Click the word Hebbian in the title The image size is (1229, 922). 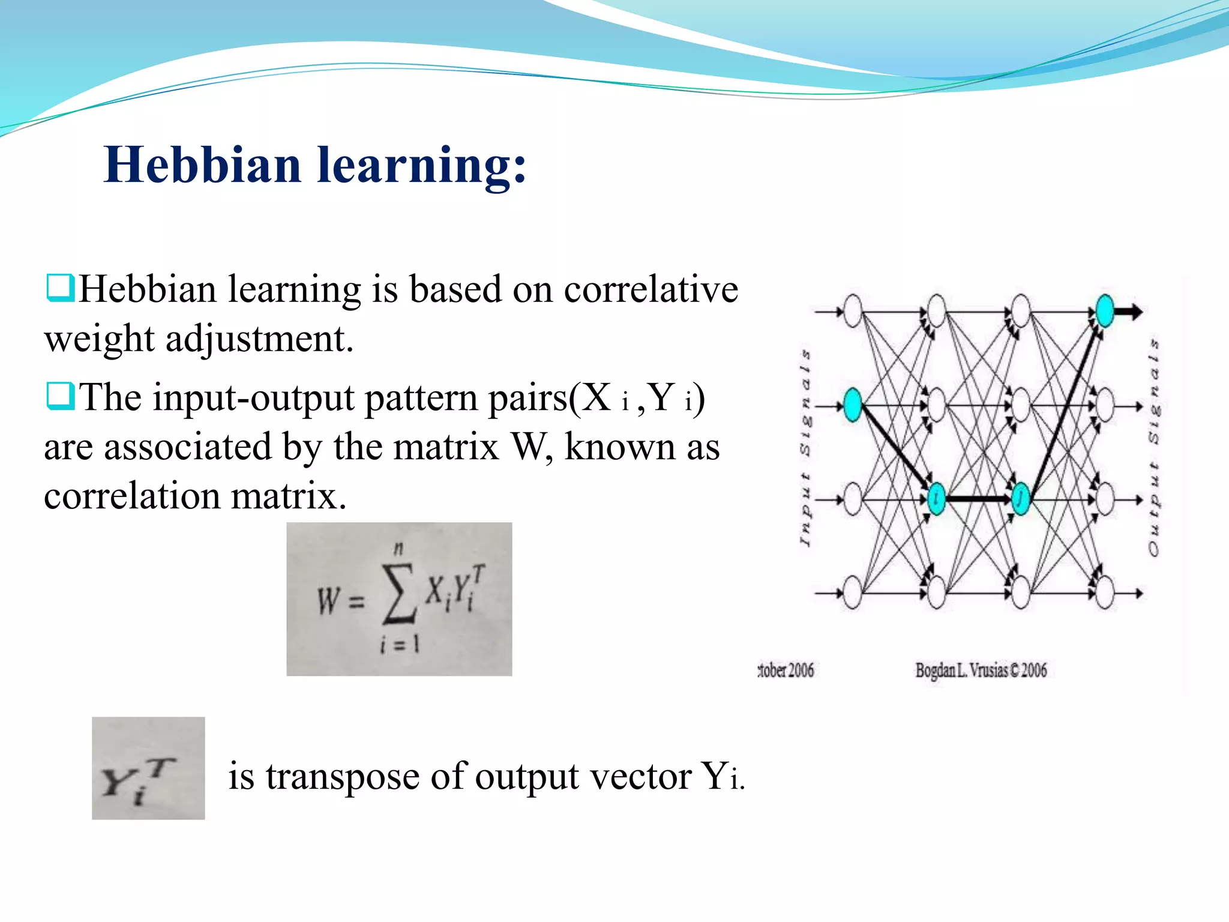pyautogui.click(x=202, y=165)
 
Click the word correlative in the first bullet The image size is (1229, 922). pyautogui.click(x=651, y=290)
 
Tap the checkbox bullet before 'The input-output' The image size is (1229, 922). pyautogui.click(x=60, y=396)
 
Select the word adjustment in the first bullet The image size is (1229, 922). pyautogui.click(x=259, y=339)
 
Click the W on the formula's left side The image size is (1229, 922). pyautogui.click(x=328, y=600)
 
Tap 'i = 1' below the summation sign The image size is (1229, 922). pyautogui.click(x=400, y=644)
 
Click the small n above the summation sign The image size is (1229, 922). pyautogui.click(x=398, y=547)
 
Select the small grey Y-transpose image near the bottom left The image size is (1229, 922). pyautogui.click(x=148, y=768)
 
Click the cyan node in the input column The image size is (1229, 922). pyautogui.click(x=852, y=405)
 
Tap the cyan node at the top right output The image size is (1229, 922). pyautogui.click(x=1105, y=310)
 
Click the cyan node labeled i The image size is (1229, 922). pyautogui.click(x=936, y=499)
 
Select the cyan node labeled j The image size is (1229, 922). pyautogui.click(x=1020, y=499)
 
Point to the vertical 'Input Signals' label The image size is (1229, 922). pyautogui.click(x=805, y=447)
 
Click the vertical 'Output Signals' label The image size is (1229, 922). pyautogui.click(x=1154, y=447)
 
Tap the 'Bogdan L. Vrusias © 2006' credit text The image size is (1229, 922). pyautogui.click(x=981, y=670)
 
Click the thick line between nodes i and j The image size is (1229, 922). pyautogui.click(x=978, y=499)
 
